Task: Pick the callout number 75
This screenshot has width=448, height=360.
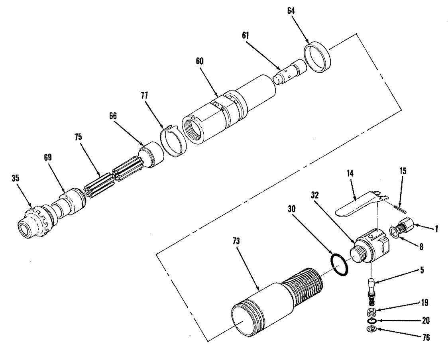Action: (78, 137)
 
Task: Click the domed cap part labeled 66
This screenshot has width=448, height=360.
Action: (151, 155)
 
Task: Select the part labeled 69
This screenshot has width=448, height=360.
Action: (71, 202)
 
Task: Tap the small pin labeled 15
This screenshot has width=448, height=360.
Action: (399, 207)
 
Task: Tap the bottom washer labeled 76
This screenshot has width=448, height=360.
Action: (371, 330)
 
